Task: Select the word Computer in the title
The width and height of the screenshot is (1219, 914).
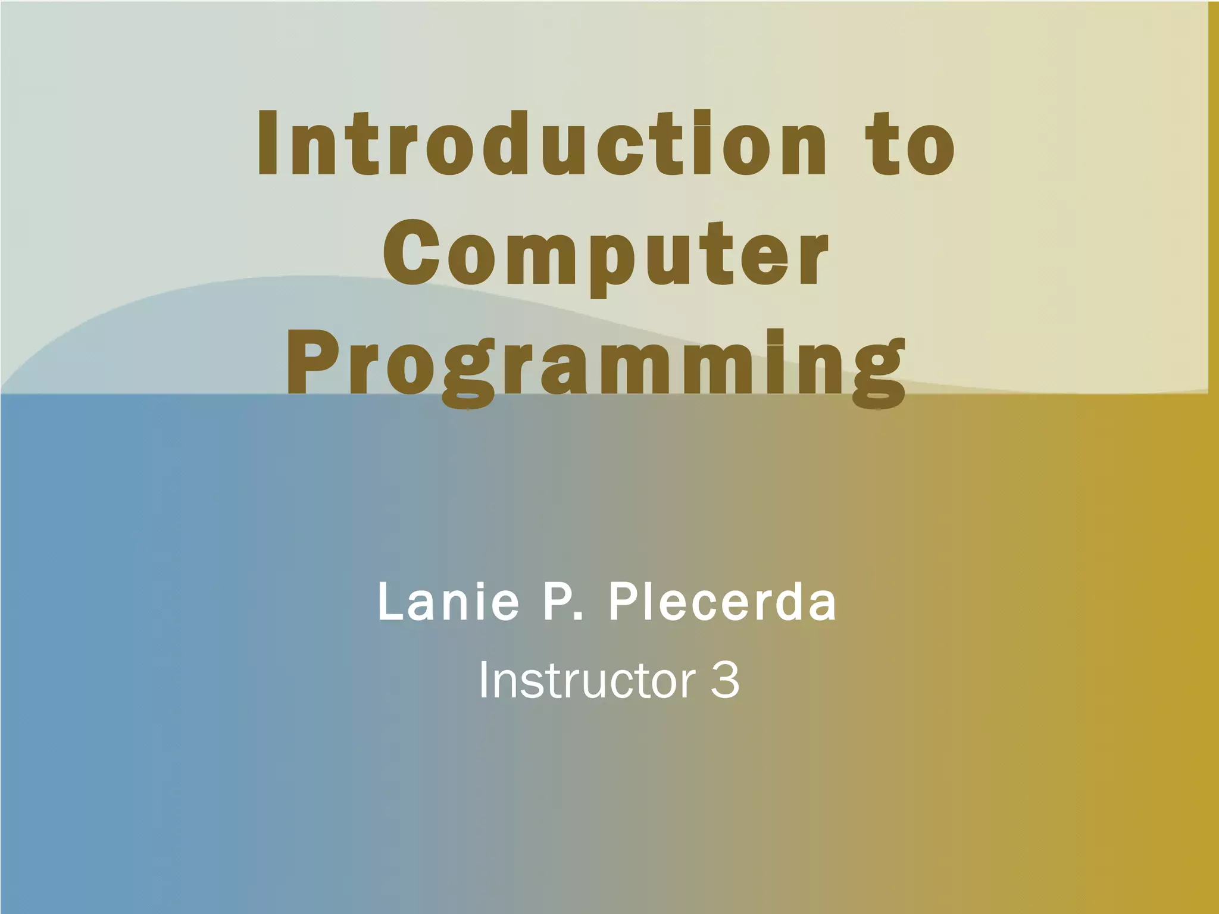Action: pos(606,255)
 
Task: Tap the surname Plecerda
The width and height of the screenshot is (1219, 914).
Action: pos(721,602)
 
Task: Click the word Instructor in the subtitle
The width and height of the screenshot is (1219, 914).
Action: pos(587,681)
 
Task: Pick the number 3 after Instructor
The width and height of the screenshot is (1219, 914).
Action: pos(725,681)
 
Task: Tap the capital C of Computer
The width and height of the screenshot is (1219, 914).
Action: pos(413,254)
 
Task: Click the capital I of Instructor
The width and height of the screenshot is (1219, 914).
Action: pos(483,681)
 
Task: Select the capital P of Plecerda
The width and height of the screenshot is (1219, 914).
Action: pos(623,602)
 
